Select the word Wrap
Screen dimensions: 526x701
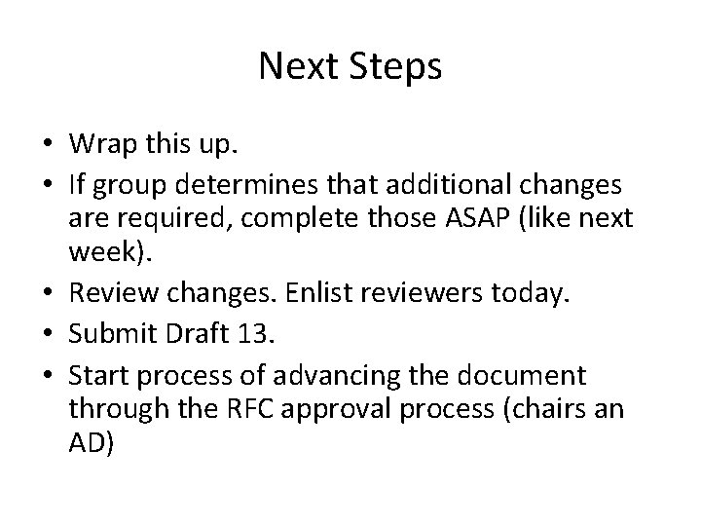click(97, 144)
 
